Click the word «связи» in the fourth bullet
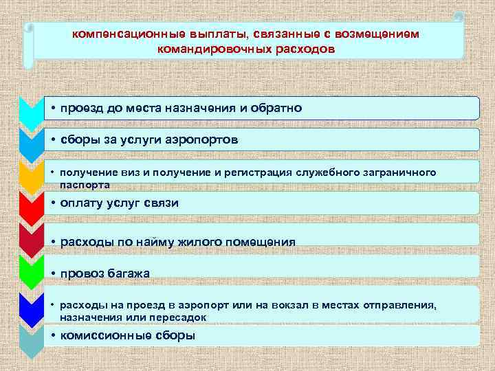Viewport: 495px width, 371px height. coord(162,203)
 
